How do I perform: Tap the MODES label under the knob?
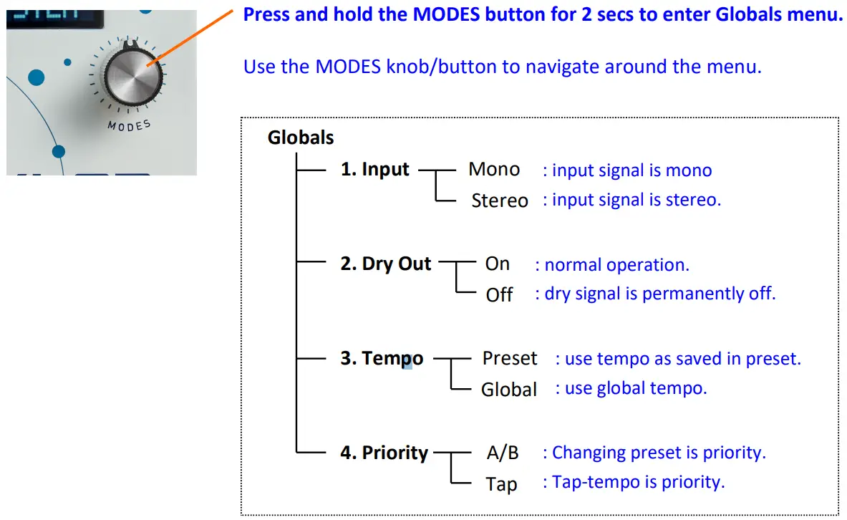point(129,125)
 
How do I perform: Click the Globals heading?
point(301,137)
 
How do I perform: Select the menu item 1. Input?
point(374,170)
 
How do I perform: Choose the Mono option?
point(494,170)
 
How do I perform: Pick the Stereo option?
point(499,201)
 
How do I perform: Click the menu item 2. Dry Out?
point(385,264)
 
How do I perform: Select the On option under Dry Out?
point(497,264)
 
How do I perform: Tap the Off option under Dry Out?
point(499,294)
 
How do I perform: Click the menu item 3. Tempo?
point(381,358)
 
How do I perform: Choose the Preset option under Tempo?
point(509,358)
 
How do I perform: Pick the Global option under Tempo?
point(509,389)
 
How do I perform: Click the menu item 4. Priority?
point(384,453)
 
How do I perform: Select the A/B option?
point(503,453)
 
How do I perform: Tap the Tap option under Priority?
point(501,483)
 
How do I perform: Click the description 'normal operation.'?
point(616,265)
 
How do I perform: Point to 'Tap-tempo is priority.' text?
point(638,482)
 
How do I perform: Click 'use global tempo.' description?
point(636,388)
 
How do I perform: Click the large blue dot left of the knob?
point(35,77)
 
